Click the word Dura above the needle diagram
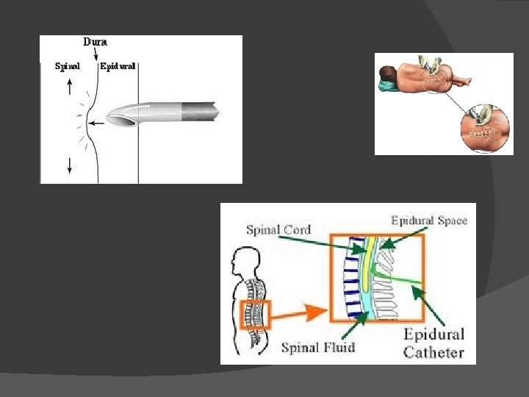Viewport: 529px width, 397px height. [96, 43]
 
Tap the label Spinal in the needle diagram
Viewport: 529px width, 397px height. [68, 66]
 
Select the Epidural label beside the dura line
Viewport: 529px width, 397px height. [118, 66]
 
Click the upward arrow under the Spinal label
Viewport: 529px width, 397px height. [69, 86]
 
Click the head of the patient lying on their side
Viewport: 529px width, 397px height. [386, 74]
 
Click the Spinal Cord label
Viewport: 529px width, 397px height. [278, 229]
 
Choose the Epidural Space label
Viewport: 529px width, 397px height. [429, 220]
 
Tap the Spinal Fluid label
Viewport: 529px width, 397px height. [317, 347]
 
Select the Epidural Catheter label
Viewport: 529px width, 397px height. [433, 343]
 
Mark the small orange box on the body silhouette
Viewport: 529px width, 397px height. [256, 314]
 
